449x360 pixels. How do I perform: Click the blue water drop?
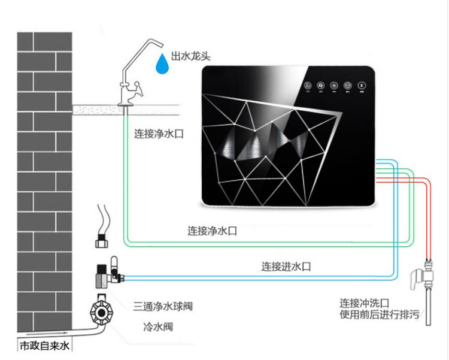(160, 63)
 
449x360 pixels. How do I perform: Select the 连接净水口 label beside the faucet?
(158, 135)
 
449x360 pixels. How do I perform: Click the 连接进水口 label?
(286, 266)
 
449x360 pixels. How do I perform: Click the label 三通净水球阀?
(163, 307)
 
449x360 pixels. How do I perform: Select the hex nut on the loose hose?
(103, 242)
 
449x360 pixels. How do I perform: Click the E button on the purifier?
(362, 86)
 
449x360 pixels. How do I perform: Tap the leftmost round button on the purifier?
(308, 86)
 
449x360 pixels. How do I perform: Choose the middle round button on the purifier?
(335, 86)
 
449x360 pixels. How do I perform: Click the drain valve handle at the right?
(418, 277)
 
